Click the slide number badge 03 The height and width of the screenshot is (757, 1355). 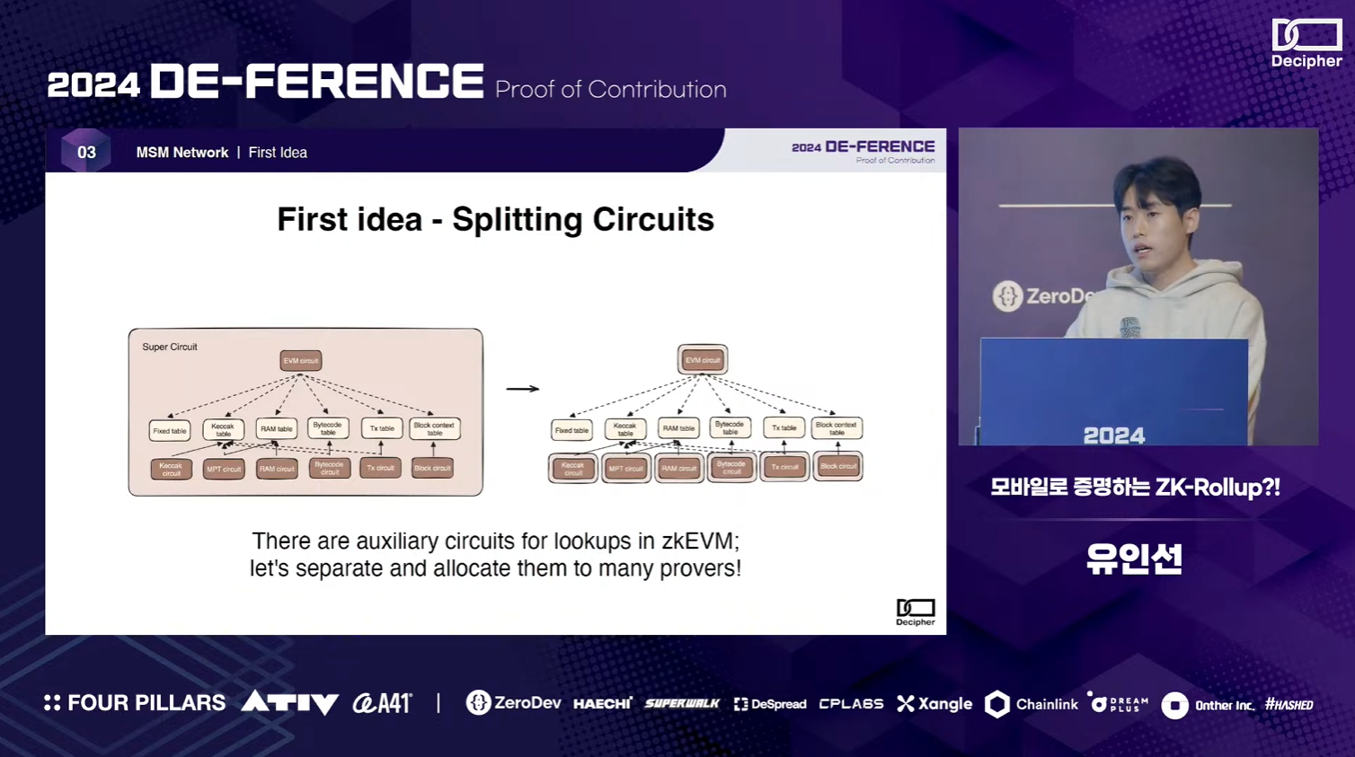click(x=86, y=152)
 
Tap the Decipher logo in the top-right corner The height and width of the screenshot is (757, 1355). click(x=1306, y=43)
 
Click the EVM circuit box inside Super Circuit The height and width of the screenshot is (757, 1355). click(x=301, y=361)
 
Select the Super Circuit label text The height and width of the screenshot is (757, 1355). click(x=170, y=347)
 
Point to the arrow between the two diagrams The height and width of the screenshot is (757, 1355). click(x=522, y=389)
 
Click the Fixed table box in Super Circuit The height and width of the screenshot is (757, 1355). click(x=170, y=431)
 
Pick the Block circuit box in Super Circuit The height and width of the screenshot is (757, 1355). click(x=432, y=468)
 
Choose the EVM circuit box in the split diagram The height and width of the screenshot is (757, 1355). click(x=703, y=360)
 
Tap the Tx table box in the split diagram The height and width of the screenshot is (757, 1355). click(x=784, y=428)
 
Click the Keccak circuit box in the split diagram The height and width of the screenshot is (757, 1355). click(x=572, y=468)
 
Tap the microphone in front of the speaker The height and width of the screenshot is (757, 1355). click(x=1131, y=328)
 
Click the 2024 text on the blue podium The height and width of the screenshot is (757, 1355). click(x=1114, y=436)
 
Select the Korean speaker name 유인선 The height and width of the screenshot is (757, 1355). click(x=1134, y=559)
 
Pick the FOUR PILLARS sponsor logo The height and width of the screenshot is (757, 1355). click(x=135, y=703)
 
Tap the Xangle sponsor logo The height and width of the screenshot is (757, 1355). click(x=934, y=704)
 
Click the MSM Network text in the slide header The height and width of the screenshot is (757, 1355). click(x=182, y=153)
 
